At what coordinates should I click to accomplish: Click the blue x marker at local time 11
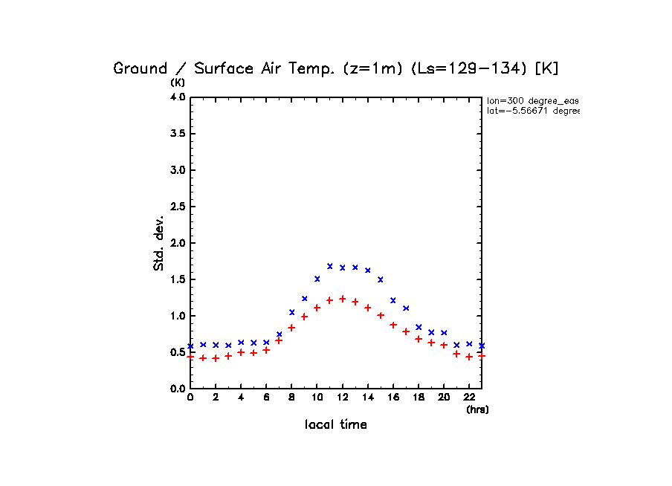(330, 266)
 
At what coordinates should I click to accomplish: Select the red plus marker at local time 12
(343, 299)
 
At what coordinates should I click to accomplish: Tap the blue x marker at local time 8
(292, 312)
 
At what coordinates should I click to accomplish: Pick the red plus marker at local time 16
(393, 325)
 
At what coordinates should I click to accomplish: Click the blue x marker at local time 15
(381, 279)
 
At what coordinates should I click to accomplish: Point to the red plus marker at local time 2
(216, 358)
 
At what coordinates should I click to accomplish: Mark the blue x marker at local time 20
(444, 333)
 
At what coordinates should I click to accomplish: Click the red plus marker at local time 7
(279, 340)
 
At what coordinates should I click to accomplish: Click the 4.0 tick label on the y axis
(177, 97)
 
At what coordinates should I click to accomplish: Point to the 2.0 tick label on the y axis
(177, 243)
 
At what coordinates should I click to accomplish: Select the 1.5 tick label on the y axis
(177, 279)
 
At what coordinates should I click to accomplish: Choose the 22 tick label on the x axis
(469, 398)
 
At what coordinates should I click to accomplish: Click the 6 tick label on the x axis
(266, 398)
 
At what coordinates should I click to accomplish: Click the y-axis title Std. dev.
(159, 243)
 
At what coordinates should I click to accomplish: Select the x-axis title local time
(336, 425)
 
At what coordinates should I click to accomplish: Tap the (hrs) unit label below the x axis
(477, 409)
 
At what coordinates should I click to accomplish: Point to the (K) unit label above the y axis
(178, 82)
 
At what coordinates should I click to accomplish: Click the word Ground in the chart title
(140, 68)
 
